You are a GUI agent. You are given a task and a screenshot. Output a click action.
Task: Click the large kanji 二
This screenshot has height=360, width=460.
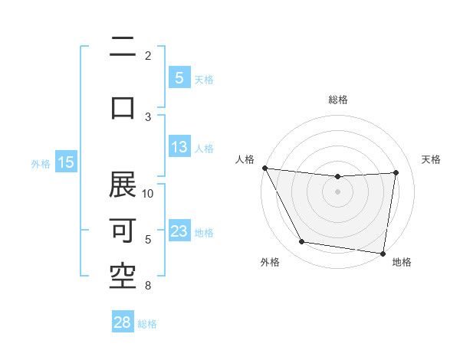pos(123,47)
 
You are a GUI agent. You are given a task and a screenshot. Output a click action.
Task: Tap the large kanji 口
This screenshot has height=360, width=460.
pos(123,107)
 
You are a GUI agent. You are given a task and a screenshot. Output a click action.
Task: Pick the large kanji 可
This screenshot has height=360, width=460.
pos(123,231)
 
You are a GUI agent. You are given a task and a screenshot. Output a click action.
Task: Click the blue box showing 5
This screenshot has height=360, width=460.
pos(179,78)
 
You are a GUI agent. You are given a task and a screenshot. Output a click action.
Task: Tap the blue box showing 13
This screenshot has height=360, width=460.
pos(179,147)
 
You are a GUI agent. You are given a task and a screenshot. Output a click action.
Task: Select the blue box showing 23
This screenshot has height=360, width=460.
pos(179,232)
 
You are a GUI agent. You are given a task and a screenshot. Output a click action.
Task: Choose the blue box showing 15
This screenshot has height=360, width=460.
pos(66,162)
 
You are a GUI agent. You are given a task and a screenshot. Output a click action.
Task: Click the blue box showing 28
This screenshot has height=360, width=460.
pos(123,323)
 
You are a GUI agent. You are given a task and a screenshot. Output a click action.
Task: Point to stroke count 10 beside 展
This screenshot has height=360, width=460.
pos(148,193)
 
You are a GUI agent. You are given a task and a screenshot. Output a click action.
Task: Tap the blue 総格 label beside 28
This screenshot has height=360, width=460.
pos(148,324)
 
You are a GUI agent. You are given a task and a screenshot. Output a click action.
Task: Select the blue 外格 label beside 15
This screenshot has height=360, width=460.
pos(41,163)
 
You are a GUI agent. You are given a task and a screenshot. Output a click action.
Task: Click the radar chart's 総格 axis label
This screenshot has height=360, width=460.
pos(337,100)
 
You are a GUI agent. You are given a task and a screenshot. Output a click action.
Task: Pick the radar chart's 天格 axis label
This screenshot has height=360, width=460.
pos(432,159)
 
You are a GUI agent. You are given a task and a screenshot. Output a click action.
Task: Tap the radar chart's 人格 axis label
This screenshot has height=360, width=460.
pos(245,159)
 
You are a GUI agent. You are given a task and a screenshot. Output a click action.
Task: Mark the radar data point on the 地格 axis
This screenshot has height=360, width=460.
pos(383,253)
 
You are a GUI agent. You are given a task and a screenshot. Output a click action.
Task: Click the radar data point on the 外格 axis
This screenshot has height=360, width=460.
pos(301,242)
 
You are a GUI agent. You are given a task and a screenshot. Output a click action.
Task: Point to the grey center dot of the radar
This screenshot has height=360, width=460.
pos(337,191)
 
